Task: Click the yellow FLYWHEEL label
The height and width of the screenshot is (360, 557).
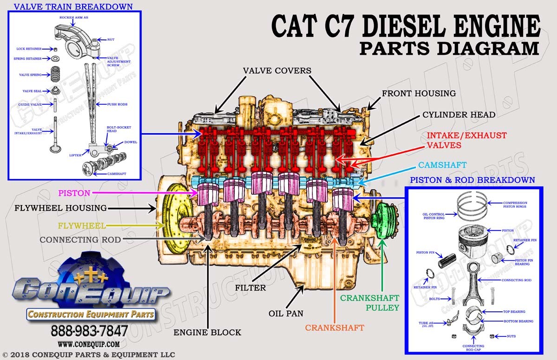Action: point(82,226)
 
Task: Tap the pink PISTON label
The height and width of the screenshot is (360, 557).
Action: point(74,192)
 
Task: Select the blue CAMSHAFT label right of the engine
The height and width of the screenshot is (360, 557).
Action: point(442,165)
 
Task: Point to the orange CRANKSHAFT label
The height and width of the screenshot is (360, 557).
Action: point(334,328)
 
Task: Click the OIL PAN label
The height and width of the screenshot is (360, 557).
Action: point(285,313)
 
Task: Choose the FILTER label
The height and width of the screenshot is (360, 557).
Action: point(250,288)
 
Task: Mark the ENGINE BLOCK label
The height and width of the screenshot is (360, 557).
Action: point(207,332)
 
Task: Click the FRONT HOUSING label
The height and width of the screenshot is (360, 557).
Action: point(419,93)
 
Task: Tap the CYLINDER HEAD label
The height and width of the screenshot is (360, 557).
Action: point(459,115)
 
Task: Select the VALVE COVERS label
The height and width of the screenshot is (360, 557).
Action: point(277,71)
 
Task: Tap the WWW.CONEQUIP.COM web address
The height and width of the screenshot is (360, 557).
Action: point(89,344)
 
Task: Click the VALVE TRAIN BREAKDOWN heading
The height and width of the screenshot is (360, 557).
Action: point(73,7)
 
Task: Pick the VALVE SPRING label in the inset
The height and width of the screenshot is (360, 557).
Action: point(30,75)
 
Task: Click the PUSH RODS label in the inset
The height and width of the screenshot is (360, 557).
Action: point(117,104)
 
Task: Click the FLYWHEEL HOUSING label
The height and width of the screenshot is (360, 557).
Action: point(60,208)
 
